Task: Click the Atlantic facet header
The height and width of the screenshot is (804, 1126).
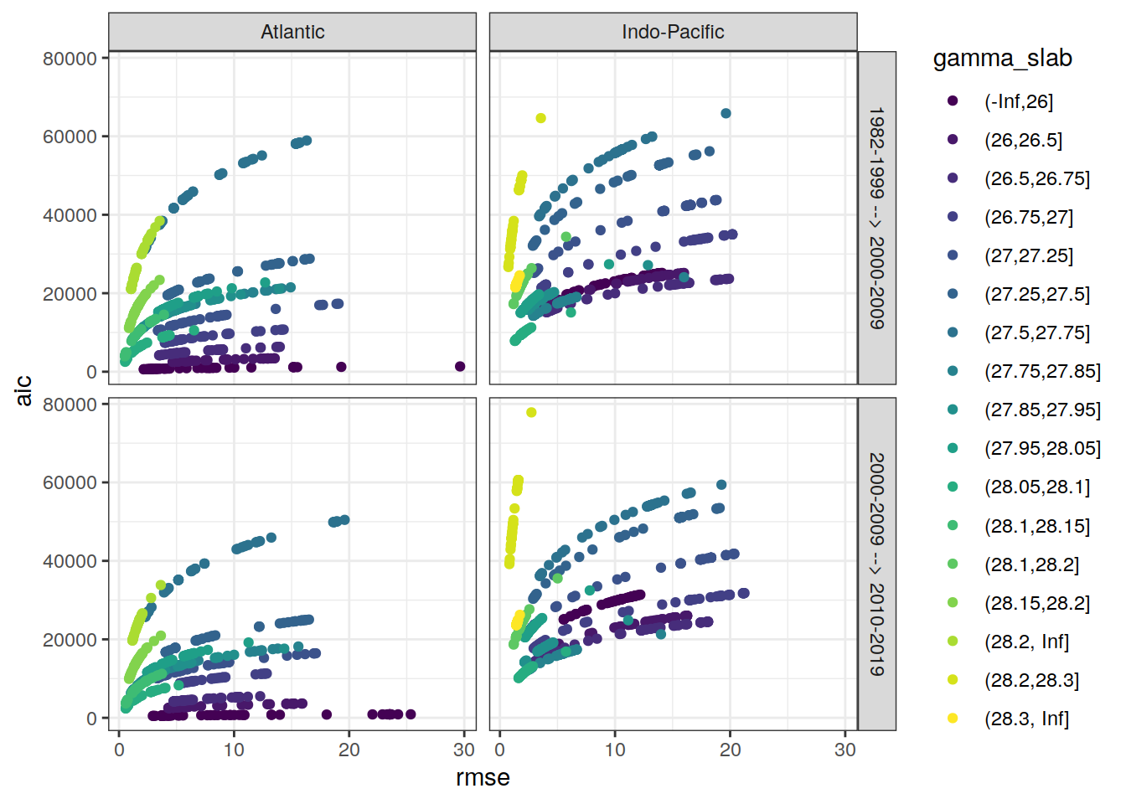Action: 292,32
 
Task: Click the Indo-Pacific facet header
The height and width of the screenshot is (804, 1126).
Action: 673,32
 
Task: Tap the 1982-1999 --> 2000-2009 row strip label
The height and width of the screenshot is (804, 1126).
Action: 876,218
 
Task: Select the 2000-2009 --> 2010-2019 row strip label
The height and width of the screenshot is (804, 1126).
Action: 876,564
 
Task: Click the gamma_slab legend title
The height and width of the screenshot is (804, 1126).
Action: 1002,59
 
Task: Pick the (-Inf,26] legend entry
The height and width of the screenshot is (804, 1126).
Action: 1018,101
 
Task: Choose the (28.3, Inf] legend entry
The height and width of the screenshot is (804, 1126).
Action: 1026,719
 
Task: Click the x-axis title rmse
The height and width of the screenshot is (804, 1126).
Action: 483,778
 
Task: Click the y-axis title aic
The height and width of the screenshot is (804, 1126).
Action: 24,390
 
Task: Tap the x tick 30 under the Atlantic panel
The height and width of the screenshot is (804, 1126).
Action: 464,750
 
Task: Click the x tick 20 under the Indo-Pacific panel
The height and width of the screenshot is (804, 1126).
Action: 730,750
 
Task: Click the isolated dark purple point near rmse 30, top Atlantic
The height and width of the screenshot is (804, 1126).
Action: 460,367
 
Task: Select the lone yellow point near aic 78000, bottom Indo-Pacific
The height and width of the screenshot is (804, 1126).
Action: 531,412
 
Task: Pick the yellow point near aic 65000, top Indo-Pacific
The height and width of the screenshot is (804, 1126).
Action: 541,118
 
